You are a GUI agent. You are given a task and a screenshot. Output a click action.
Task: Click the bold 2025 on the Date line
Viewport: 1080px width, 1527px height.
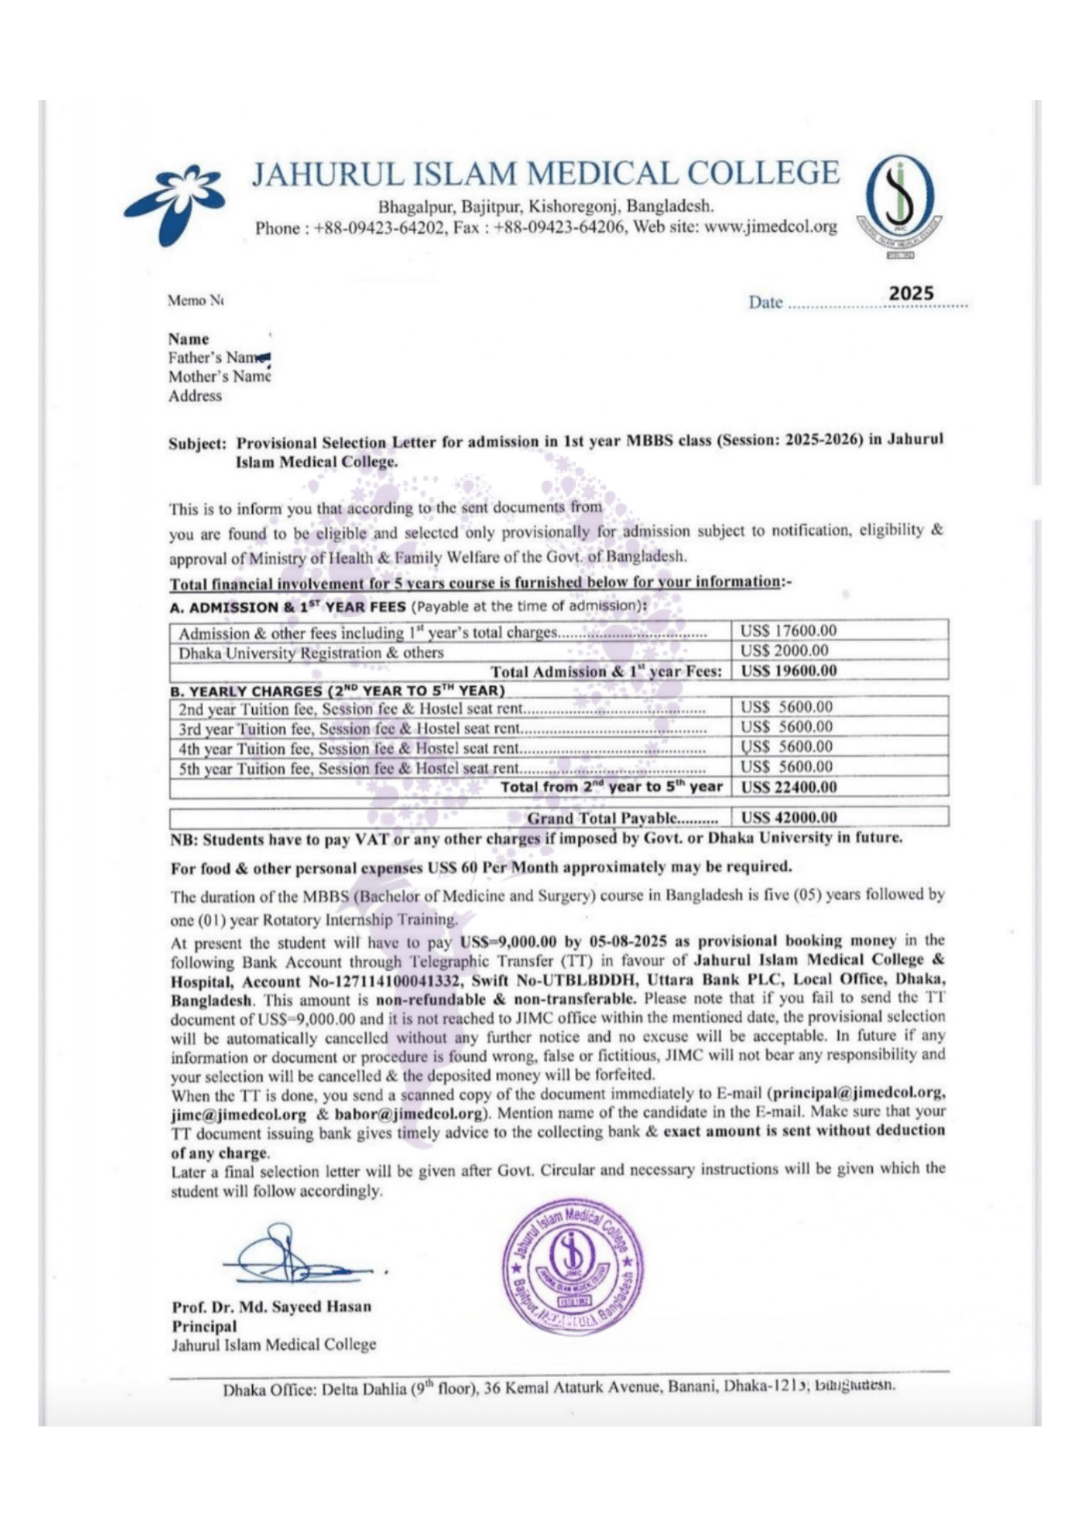[911, 293]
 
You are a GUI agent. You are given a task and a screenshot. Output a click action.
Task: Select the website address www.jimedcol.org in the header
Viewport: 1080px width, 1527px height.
[770, 227]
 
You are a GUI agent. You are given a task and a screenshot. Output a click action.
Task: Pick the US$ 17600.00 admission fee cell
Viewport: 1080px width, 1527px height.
[789, 631]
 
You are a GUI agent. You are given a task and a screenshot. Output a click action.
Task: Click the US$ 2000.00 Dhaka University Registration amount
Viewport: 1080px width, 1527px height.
[785, 650]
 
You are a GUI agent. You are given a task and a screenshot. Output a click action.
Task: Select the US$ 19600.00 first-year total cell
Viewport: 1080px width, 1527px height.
[789, 670]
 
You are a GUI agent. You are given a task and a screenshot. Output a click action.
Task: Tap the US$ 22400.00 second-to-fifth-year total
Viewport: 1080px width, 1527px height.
[789, 787]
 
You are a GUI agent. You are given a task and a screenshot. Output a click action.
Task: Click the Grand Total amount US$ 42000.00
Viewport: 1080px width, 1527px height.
[789, 817]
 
